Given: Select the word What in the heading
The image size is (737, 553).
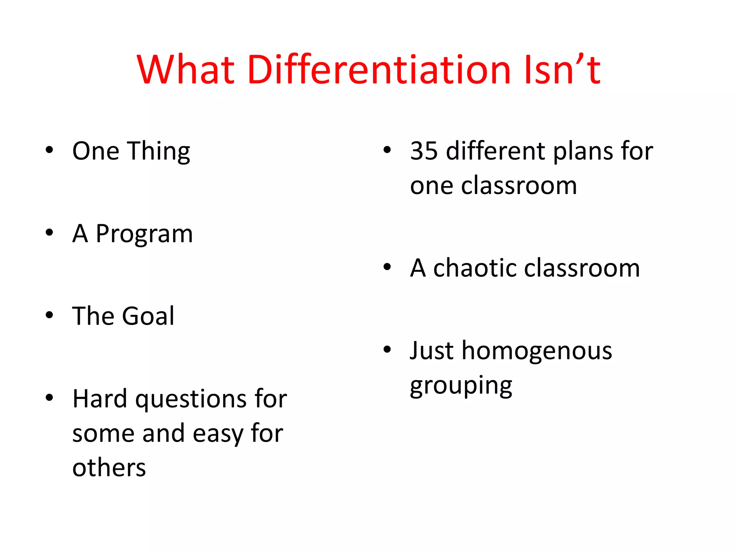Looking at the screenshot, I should point(186,69).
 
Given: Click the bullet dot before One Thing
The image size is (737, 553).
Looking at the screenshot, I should point(49,150).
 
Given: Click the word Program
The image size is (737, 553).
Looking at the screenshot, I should point(144,234).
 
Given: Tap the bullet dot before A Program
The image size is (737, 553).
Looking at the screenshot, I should point(49,233).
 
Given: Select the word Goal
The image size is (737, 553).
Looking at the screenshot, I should point(148,316).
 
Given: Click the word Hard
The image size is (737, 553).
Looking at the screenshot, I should point(100,399).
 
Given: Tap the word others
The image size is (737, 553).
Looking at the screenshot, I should point(109,468).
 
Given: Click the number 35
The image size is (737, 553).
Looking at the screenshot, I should point(424,150).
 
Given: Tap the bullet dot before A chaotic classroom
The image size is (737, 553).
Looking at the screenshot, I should point(387,267).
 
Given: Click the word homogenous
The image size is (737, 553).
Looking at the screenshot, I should point(537,351).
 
